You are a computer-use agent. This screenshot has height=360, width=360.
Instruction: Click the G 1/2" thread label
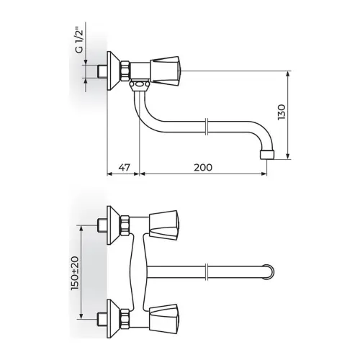[80, 41]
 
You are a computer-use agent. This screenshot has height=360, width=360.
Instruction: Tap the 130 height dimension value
[282, 112]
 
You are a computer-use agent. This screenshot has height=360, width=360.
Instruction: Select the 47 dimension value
[125, 167]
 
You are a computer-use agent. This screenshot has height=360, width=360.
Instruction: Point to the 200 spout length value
[203, 167]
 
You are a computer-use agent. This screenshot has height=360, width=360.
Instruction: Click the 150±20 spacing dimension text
[75, 273]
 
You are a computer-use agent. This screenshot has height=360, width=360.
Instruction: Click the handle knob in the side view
[165, 71]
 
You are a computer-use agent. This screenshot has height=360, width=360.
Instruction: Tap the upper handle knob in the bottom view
[165, 225]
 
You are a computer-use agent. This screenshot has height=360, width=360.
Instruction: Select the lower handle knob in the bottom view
[165, 319]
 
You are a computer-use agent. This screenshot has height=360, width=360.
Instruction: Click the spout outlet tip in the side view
[267, 155]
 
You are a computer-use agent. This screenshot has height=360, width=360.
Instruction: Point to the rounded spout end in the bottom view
[269, 272]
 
